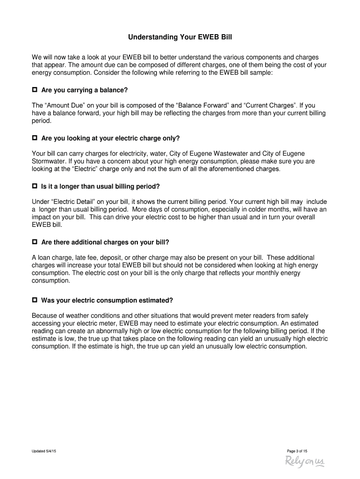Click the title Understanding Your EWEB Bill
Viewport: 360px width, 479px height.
pos(180,36)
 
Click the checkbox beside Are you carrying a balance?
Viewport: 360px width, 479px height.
pos(35,89)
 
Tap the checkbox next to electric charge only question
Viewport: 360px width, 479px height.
pos(35,138)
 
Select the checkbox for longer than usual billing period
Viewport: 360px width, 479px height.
pos(35,186)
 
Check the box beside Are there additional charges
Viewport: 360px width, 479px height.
pos(35,242)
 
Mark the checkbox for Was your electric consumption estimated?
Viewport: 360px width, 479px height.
pos(35,300)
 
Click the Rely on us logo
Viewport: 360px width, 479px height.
pos(304,462)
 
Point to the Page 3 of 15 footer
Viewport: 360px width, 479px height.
pos(297,451)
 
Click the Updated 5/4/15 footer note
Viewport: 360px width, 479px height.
pos(44,451)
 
